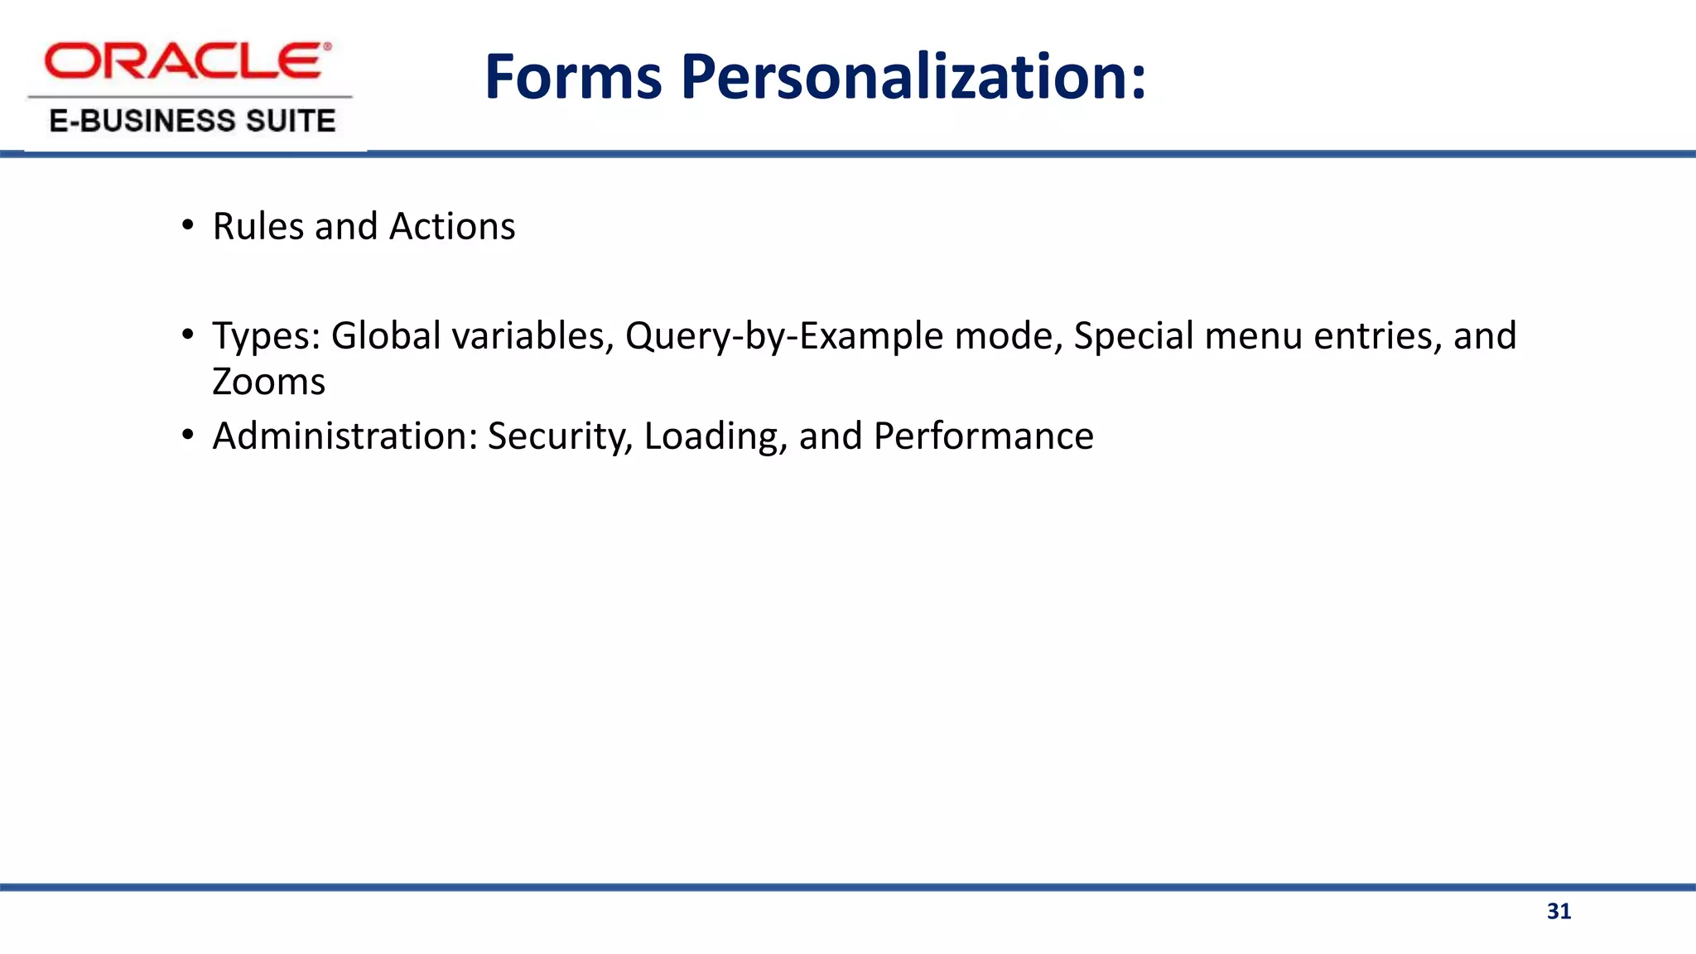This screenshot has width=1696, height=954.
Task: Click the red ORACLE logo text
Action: point(187,61)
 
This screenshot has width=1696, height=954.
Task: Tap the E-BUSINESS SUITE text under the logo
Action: point(192,121)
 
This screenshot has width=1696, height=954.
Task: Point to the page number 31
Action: point(1559,912)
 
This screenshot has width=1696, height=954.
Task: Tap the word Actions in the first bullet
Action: point(452,226)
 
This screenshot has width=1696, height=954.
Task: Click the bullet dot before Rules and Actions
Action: point(188,226)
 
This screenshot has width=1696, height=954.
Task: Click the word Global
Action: point(386,336)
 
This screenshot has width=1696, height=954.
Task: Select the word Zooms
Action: point(268,382)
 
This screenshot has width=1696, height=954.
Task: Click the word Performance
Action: point(983,436)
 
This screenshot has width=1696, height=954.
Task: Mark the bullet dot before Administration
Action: point(188,436)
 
